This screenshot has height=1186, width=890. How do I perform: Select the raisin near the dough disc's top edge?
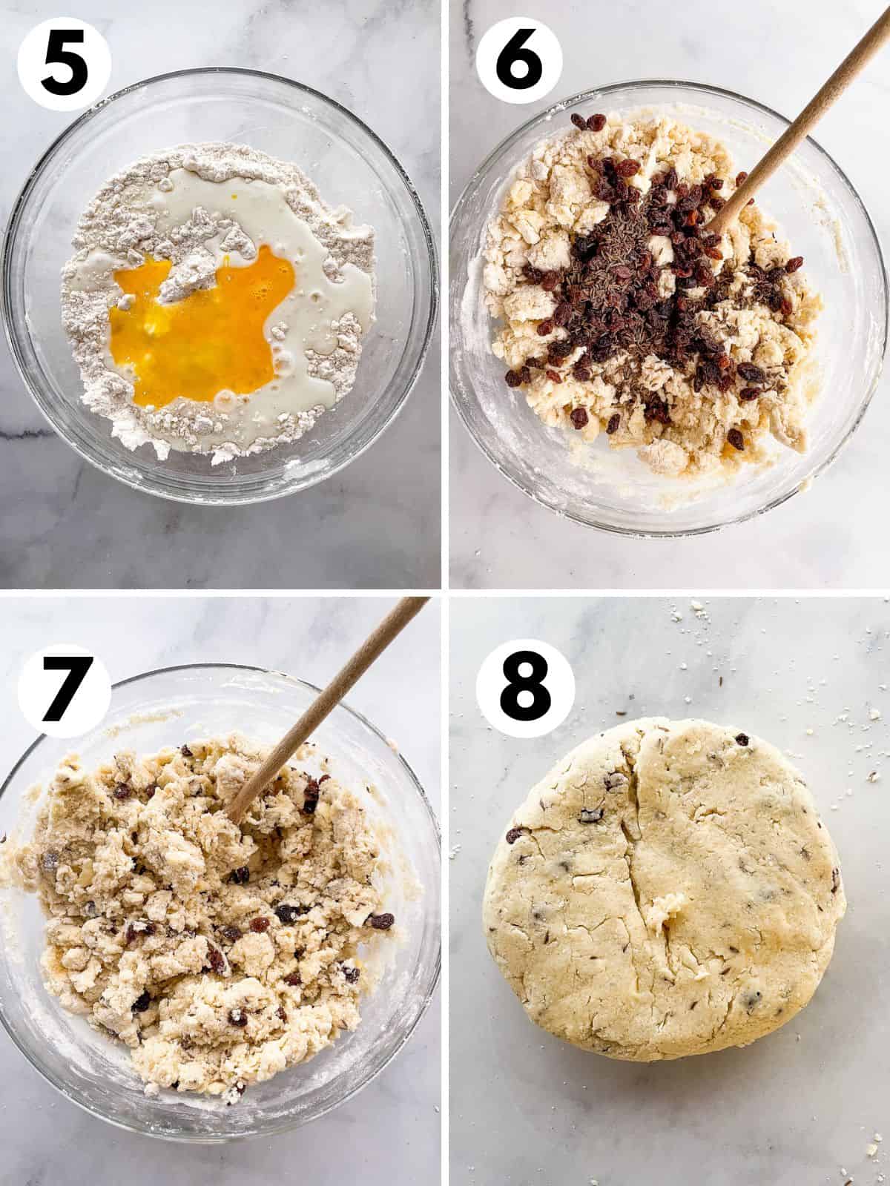pos(742,738)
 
